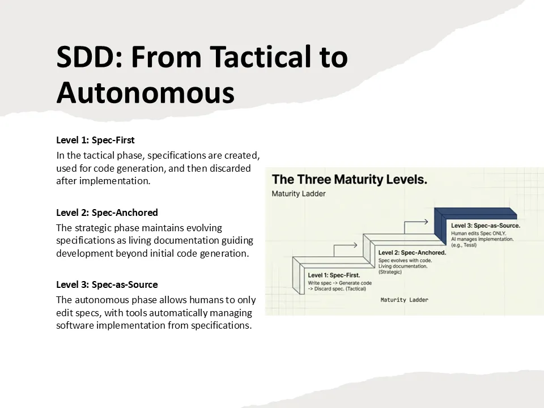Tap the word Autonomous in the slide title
point(145,92)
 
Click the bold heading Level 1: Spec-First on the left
point(95,139)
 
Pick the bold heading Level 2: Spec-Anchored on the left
point(107,212)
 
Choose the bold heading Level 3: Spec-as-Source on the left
point(107,284)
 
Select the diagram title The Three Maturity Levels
point(350,180)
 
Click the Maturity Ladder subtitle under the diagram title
point(299,194)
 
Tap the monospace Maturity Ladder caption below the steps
point(405,300)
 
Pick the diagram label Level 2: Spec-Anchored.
point(411,252)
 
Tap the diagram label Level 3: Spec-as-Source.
point(485,226)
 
